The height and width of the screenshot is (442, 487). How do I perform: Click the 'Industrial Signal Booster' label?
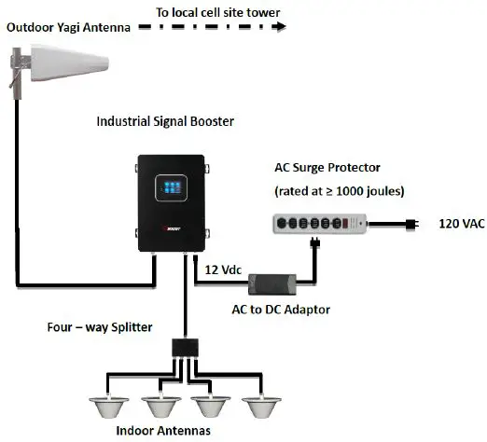coord(166,122)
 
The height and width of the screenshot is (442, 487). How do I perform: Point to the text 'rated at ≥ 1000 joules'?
coord(337,191)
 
